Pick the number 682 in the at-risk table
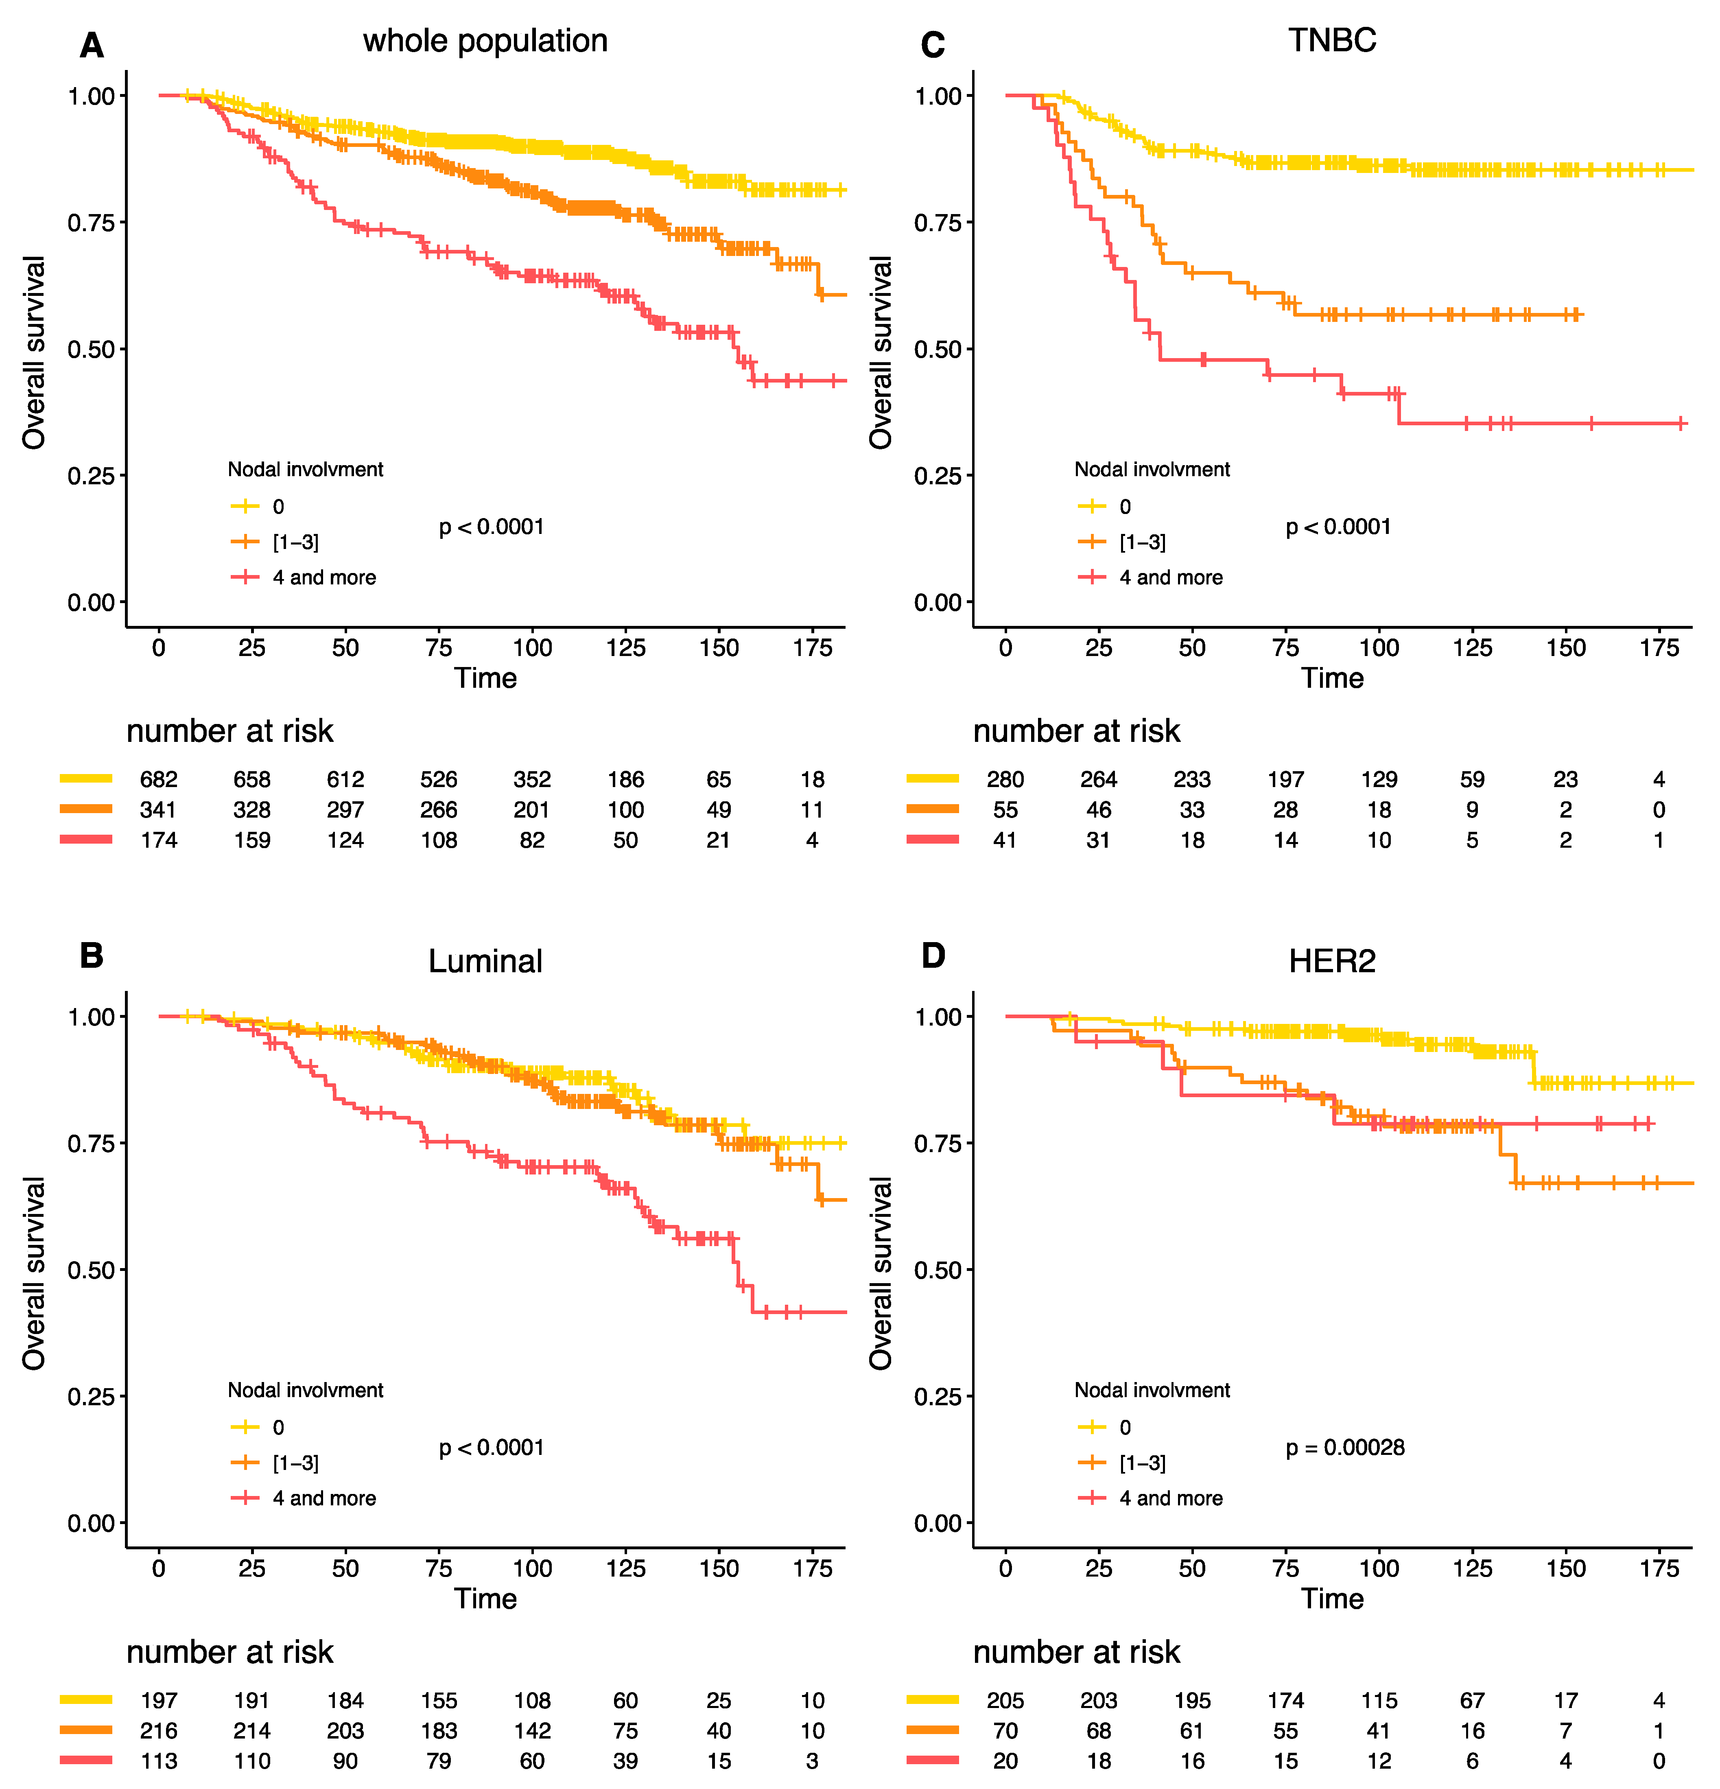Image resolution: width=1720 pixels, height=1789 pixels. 159,779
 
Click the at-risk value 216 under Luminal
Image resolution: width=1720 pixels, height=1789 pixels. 159,1730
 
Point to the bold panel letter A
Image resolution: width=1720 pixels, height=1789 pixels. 91,46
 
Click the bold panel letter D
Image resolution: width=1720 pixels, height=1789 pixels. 933,956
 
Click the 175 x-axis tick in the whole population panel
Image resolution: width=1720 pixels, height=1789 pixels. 812,648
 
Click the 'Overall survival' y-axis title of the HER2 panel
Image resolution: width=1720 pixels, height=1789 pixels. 881,1273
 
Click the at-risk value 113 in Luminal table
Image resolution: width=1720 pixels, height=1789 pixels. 159,1761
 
